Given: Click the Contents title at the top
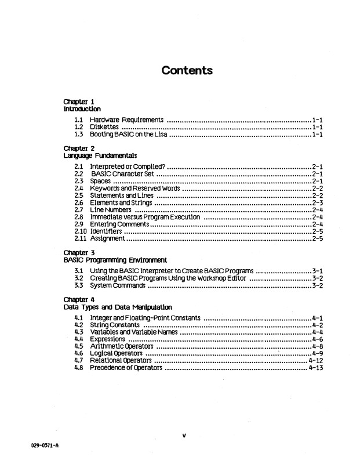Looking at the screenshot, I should pos(187,71).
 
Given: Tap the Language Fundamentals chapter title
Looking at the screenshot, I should pos(100,155).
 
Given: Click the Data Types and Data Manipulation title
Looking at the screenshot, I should pos(117,307).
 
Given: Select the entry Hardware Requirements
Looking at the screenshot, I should pos(126,119).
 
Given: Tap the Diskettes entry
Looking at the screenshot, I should pos(104,126).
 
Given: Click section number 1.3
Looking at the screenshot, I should pos(79,135).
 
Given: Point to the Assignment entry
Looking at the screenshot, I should pos(107,238).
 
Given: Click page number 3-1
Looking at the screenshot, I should pos(317,270).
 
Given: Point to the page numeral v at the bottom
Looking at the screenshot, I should pos(183,436).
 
